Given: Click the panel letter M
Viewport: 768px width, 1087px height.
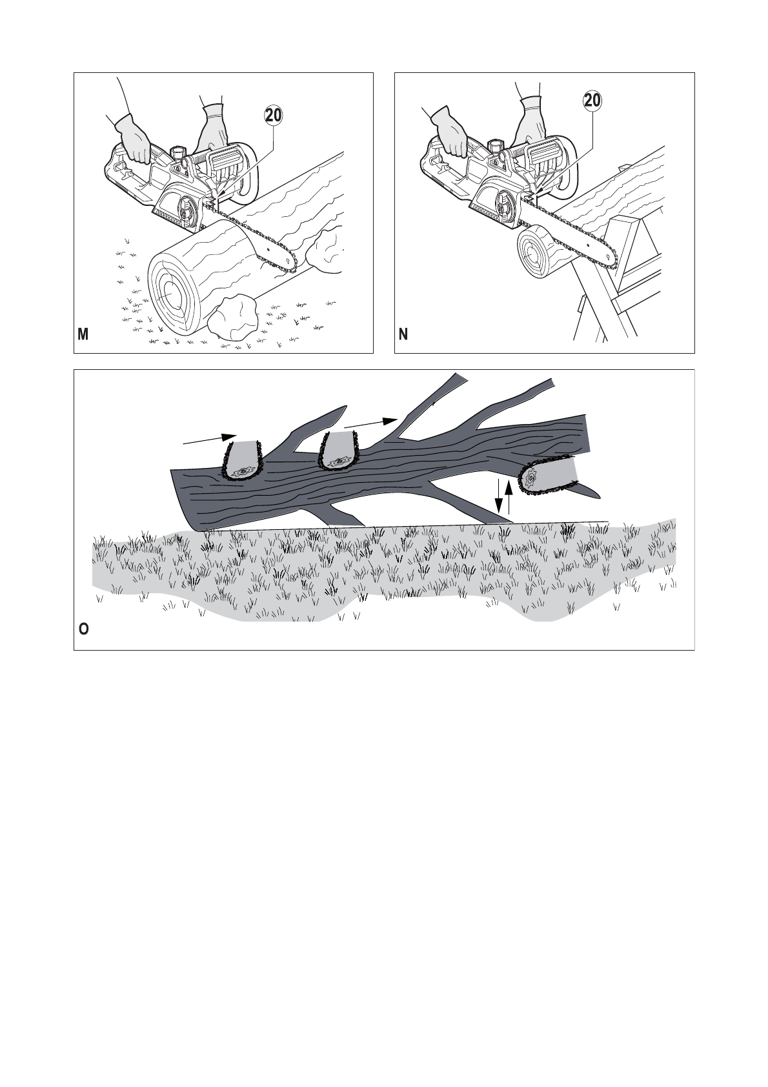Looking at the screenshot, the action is pyautogui.click(x=83, y=334).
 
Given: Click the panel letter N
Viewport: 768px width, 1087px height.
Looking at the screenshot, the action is pyautogui.click(x=403, y=334).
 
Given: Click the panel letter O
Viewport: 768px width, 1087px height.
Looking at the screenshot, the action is pyautogui.click(x=84, y=629).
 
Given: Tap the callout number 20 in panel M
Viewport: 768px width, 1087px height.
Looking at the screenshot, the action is pyautogui.click(x=274, y=115).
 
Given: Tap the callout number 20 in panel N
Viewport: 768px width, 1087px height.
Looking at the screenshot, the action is pyautogui.click(x=592, y=101).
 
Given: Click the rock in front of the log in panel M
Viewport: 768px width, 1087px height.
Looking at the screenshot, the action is pyautogui.click(x=236, y=317).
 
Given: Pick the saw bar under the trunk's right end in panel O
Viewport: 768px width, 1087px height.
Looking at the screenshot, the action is pyautogui.click(x=549, y=476).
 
